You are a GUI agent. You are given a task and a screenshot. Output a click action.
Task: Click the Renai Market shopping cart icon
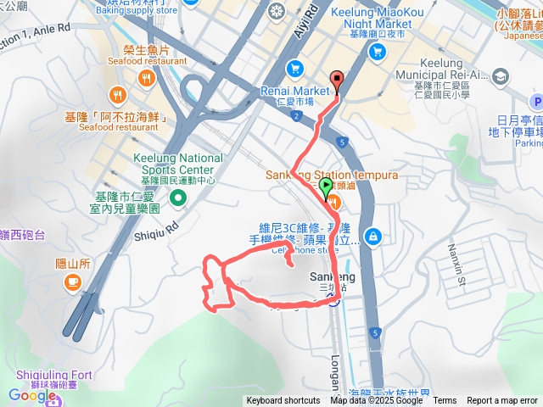point(294,68)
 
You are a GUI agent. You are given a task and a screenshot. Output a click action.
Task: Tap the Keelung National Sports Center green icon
point(178,198)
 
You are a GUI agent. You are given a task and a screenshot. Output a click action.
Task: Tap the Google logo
point(31,394)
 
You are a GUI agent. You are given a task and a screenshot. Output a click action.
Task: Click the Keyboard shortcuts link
point(283,401)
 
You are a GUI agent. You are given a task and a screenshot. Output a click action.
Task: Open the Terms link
point(445,401)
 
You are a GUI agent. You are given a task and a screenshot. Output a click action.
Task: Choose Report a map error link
point(502,401)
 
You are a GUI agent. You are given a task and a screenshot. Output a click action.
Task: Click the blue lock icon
point(371,236)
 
